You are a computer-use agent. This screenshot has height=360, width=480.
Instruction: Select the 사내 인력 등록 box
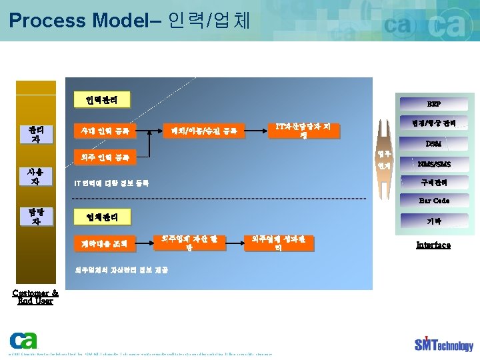click(x=102, y=131)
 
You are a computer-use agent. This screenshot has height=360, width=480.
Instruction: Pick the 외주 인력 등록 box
click(x=102, y=158)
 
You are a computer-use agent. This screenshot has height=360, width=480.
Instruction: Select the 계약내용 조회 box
click(x=102, y=243)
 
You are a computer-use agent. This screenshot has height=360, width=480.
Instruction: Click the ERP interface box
click(x=433, y=104)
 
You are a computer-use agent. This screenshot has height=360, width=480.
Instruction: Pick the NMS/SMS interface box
click(x=433, y=163)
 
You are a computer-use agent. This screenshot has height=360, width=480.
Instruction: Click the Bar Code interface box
click(x=433, y=201)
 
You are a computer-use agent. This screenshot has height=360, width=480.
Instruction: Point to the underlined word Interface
click(x=433, y=245)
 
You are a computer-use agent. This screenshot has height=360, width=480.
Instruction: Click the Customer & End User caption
click(x=35, y=297)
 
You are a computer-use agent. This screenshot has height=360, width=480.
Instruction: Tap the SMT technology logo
click(x=443, y=343)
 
